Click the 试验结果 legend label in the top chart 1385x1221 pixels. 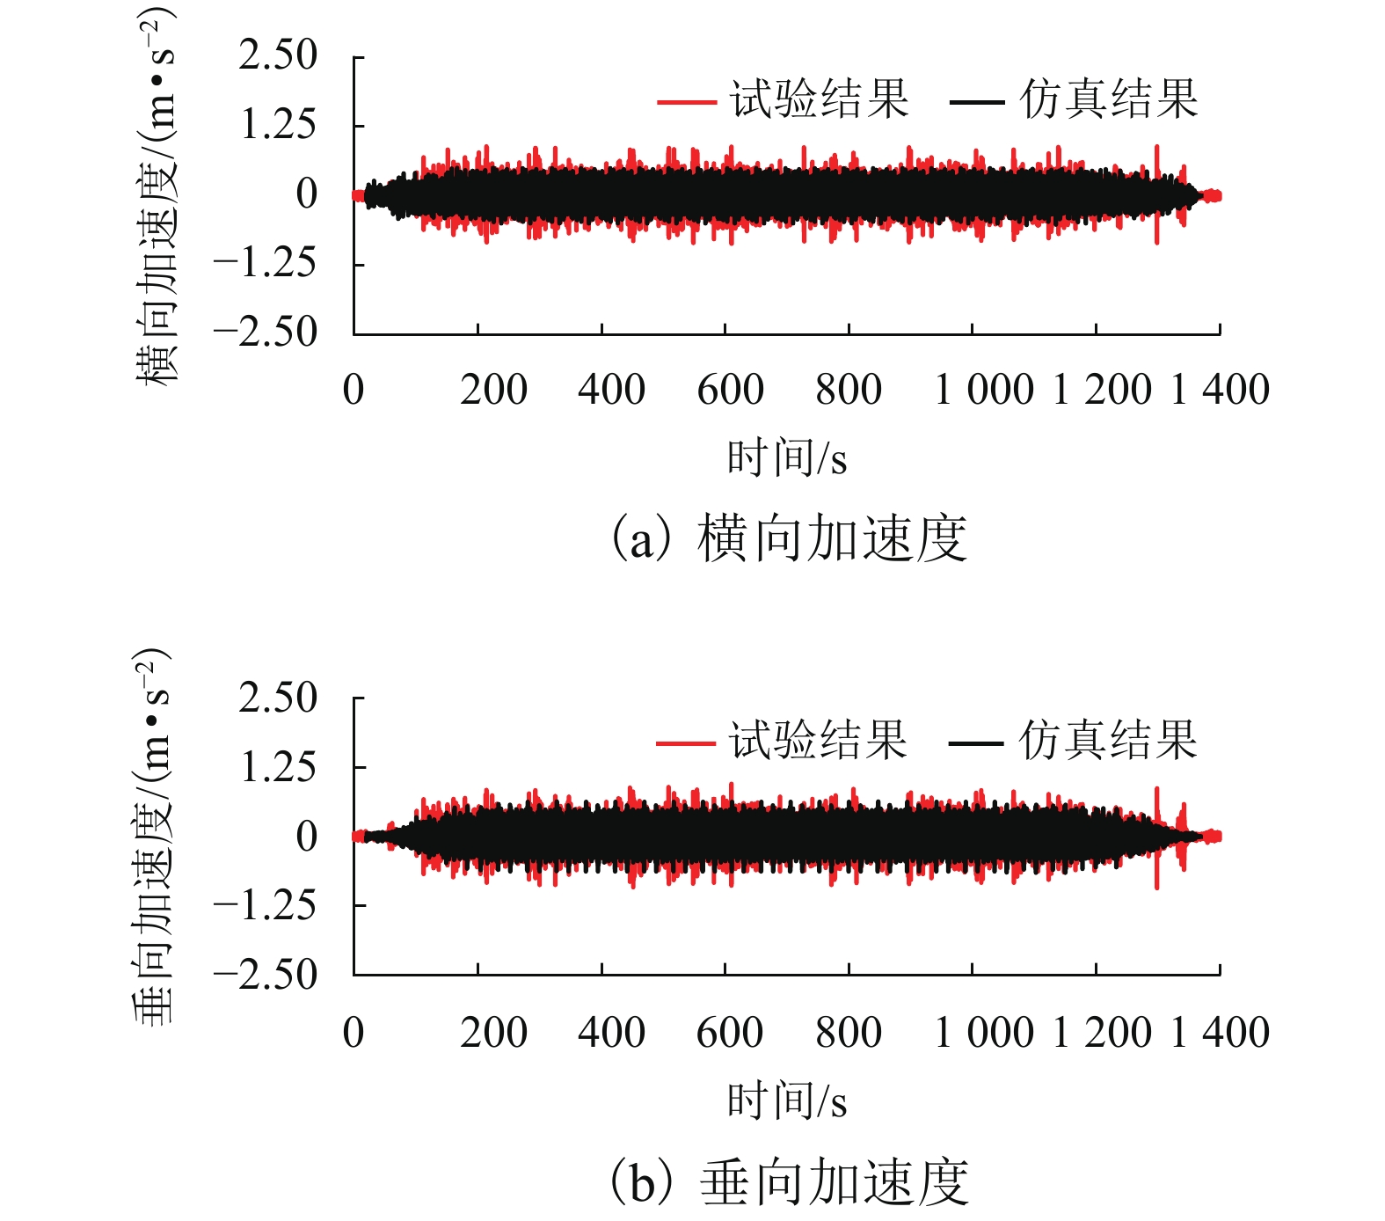819,99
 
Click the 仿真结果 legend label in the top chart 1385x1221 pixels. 1109,99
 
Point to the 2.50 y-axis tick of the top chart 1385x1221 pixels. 278,55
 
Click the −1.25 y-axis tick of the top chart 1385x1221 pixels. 265,263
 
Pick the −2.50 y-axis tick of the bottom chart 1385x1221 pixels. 265,975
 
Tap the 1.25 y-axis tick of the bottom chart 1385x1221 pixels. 278,768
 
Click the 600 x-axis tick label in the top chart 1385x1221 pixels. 730,390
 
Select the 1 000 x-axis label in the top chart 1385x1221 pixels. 984,390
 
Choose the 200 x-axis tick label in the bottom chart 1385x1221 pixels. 493,1033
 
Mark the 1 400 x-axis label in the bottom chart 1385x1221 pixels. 1221,1033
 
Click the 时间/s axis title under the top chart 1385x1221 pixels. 787,458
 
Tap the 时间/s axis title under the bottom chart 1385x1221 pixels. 787,1101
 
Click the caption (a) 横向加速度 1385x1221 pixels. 789,538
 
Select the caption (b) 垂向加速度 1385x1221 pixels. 789,1181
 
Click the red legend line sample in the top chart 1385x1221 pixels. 687,102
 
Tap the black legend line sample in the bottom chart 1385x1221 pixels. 976,743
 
